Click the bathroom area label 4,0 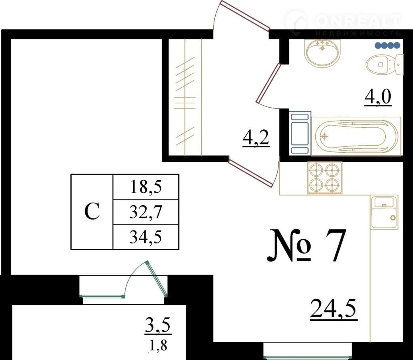378,98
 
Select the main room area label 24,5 334,309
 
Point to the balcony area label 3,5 158,326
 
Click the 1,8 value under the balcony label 158,345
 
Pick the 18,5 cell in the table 146,187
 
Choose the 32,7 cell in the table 146,212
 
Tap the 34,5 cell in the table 146,237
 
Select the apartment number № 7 306,245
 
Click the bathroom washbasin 323,52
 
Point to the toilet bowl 385,64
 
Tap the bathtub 356,136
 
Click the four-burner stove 325,178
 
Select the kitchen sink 384,212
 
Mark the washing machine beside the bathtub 300,133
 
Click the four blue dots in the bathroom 388,45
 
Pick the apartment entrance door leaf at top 245,15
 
